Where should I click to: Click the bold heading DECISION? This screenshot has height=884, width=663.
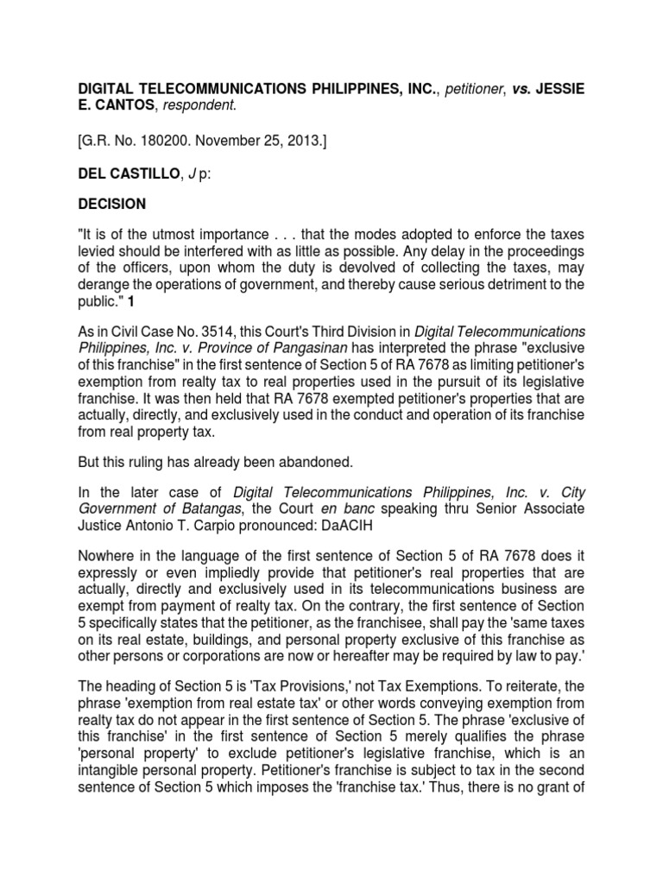112,204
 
